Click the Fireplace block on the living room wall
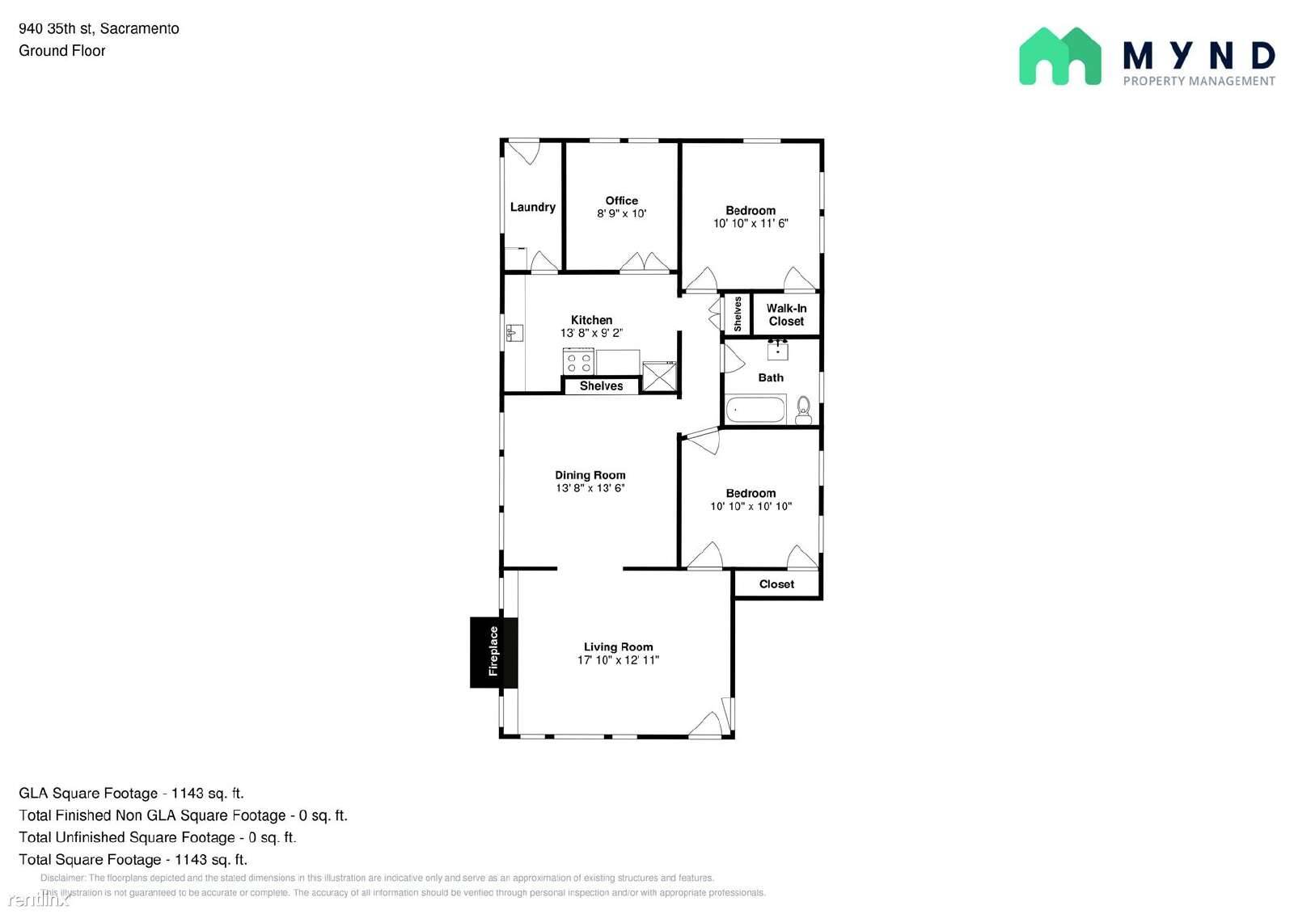click(493, 652)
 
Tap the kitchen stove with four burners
click(578, 361)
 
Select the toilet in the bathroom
click(803, 409)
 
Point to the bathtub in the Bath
click(755, 410)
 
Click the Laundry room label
click(532, 207)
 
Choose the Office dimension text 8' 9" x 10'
click(621, 214)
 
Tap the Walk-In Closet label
click(786, 314)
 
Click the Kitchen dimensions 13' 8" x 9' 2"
click(591, 333)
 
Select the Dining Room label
click(590, 475)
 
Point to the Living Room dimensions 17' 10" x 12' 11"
click(618, 660)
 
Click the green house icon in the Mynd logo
click(1059, 57)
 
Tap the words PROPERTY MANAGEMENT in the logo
click(1199, 81)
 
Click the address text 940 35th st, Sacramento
click(99, 29)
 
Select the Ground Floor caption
click(62, 51)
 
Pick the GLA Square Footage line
click(131, 794)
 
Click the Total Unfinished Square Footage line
click(158, 837)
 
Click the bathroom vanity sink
click(778, 350)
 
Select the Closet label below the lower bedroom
click(776, 584)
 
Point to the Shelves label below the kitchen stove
click(601, 386)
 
